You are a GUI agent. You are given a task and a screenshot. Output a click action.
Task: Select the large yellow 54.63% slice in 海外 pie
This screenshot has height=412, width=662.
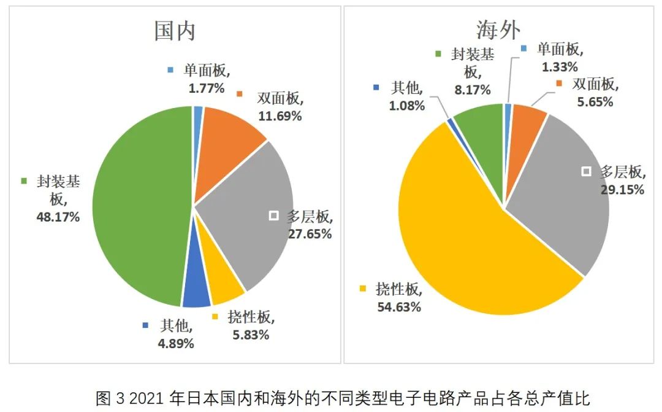[x=466, y=246]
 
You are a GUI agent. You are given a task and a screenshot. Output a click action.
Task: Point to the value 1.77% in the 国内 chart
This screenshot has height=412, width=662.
[x=207, y=88]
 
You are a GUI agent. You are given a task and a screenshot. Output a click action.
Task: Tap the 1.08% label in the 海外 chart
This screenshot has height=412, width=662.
[x=406, y=105]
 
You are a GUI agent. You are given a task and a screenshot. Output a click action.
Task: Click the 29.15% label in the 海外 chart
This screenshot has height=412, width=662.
[x=622, y=190]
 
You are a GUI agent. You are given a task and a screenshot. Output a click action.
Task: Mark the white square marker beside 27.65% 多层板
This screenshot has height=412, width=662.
[x=274, y=216]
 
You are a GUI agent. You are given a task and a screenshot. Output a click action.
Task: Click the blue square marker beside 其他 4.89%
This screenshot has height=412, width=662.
[x=145, y=325]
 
